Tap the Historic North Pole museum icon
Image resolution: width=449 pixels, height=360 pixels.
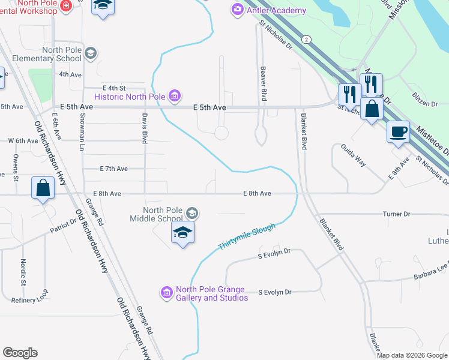click(x=175, y=95)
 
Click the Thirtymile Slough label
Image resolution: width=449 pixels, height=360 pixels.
click(x=247, y=237)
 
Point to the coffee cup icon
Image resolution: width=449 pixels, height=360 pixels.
click(x=398, y=131)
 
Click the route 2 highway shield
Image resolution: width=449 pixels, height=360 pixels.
click(x=307, y=39)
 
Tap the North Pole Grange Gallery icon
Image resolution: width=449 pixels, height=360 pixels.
click(x=167, y=292)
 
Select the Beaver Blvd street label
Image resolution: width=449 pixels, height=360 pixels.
click(x=263, y=83)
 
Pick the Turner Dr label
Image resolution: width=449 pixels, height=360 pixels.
click(x=396, y=214)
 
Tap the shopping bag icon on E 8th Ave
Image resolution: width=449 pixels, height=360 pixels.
click(x=44, y=188)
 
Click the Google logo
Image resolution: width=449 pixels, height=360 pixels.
click(x=20, y=353)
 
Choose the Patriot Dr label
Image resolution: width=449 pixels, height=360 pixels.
click(x=64, y=225)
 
